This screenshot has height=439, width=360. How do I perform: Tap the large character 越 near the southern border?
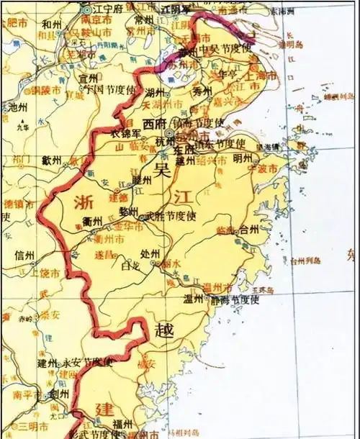pos(163,330)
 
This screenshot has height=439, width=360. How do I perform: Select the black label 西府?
pos(153,123)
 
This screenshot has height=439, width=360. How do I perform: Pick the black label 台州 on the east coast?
pos(248,230)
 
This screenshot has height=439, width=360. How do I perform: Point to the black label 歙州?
pos(52,160)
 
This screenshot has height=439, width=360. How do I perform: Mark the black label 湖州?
pos(155,92)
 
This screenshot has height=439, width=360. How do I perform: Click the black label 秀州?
pos(202,91)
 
